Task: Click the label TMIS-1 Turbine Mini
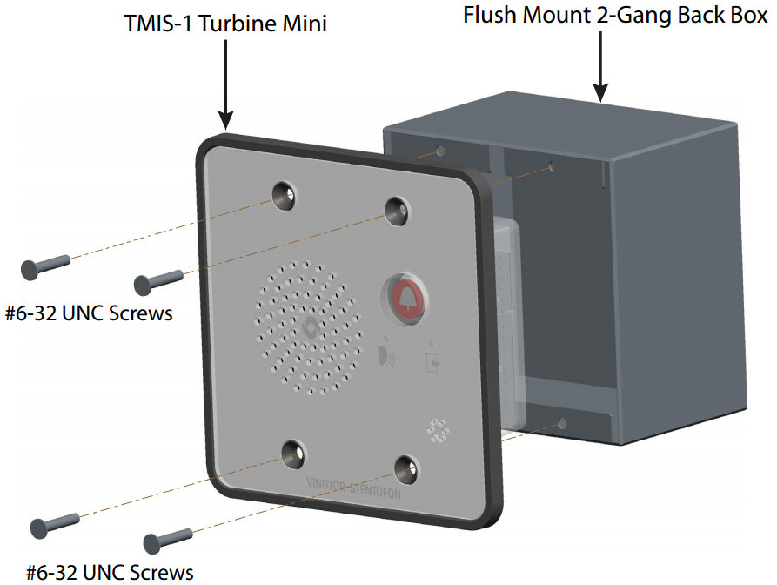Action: coord(225,24)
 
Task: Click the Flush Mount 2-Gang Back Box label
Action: coord(615,16)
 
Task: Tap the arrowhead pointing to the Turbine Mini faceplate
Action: coord(225,122)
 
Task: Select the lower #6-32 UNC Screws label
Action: coord(110,572)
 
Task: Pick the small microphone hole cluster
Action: coord(437,429)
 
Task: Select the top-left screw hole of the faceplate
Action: coord(285,195)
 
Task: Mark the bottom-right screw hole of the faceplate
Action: coord(405,467)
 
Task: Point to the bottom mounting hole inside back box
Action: coord(562,424)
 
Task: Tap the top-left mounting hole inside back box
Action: coord(440,151)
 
